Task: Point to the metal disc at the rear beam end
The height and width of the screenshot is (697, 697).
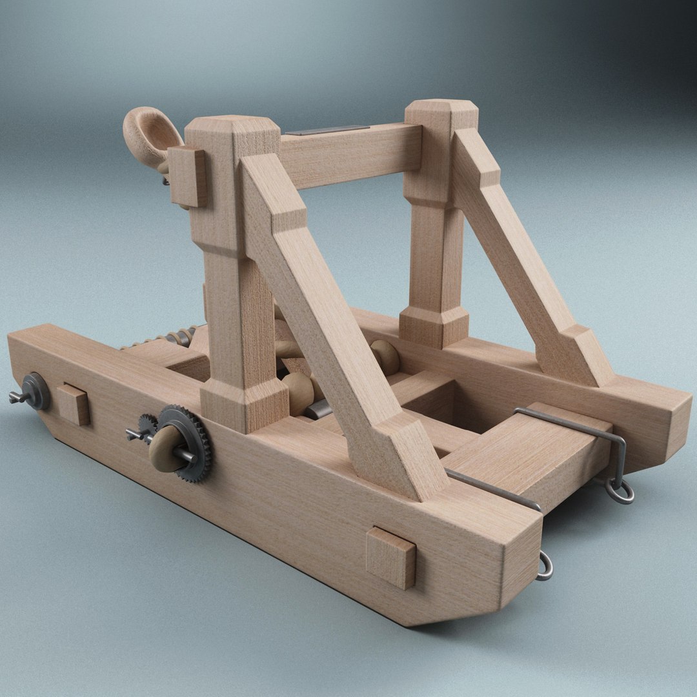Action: coord(36,391)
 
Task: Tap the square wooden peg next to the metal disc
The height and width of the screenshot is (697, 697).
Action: coord(73,405)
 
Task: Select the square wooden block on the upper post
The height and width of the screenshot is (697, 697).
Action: coord(187,176)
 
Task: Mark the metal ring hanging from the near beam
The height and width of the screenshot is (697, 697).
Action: coord(545,567)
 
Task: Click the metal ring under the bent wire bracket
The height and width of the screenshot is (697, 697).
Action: coord(620,492)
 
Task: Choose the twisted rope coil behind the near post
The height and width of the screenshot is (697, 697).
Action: coord(161,339)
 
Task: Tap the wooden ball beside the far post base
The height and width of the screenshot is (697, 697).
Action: coord(385,356)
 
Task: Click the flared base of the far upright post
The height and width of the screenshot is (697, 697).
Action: coord(434,326)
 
